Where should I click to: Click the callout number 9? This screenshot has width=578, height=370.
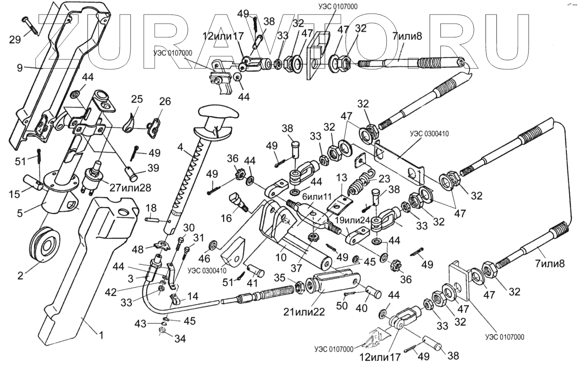point(20,67)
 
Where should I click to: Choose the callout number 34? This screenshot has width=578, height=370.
point(180,338)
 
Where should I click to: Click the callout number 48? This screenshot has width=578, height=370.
point(138,249)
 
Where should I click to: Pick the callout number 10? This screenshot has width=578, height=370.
point(280,258)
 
